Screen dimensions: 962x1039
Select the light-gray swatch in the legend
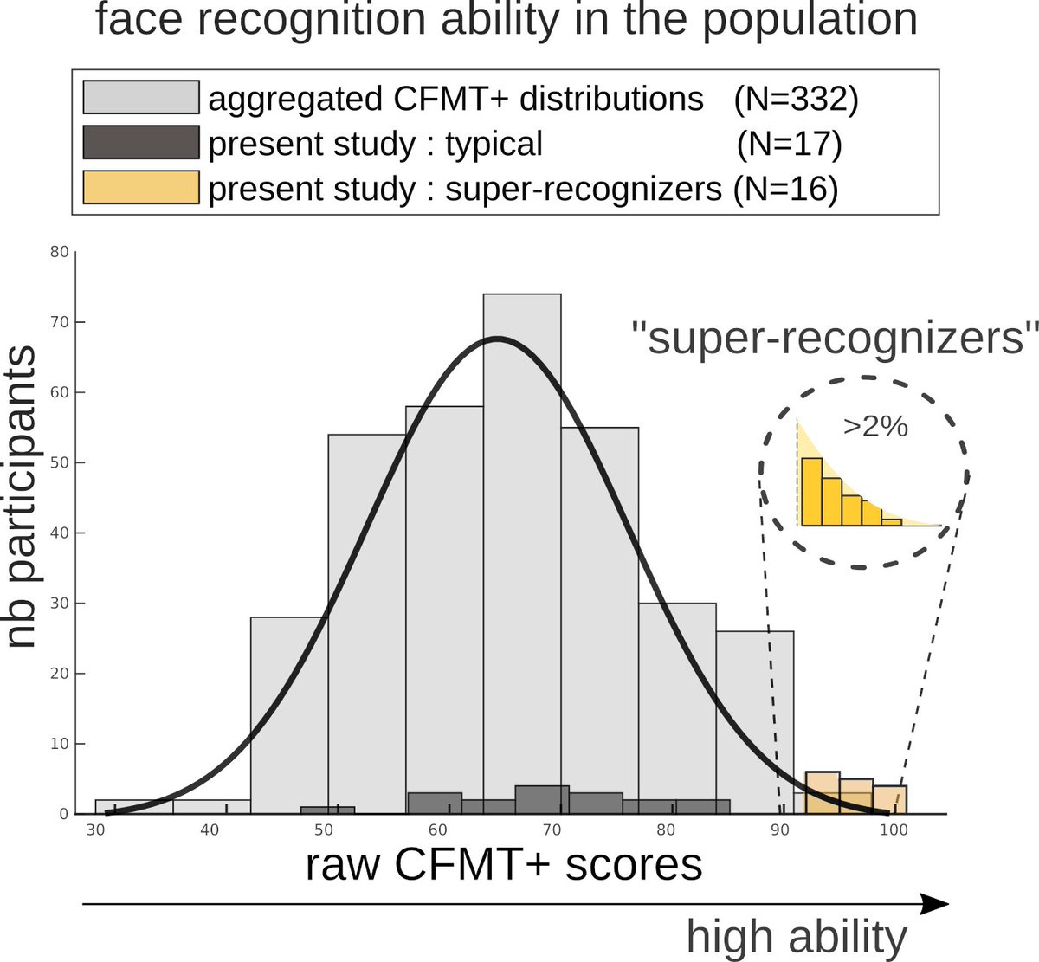[x=141, y=97]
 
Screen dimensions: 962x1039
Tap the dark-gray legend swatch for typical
[x=141, y=143]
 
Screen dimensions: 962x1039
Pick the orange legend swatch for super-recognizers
[x=141, y=188]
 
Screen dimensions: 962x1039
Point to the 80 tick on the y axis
[x=59, y=252]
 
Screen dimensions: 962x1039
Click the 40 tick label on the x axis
[x=209, y=830]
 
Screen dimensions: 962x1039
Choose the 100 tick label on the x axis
[x=893, y=830]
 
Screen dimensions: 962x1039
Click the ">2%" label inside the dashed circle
[x=874, y=426]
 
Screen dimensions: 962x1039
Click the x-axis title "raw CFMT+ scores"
[x=503, y=864]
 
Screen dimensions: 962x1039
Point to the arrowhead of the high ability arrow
[x=935, y=905]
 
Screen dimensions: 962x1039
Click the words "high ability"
[x=797, y=937]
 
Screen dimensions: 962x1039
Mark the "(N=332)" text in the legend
[x=796, y=99]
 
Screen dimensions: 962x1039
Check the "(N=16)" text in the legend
[x=785, y=189]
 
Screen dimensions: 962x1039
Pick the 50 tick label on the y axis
[x=59, y=462]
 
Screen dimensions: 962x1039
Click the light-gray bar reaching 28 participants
[x=289, y=710]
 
